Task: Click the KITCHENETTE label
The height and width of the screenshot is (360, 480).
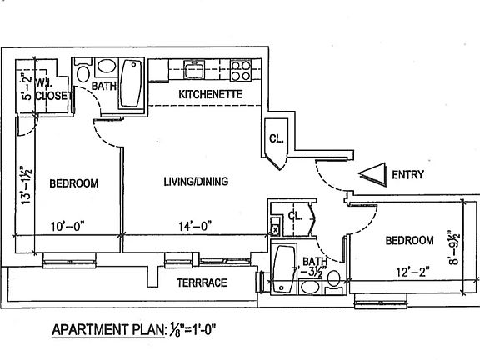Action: point(211,94)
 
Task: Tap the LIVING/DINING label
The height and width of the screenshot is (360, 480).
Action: point(196,181)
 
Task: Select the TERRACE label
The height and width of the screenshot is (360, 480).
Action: point(202,282)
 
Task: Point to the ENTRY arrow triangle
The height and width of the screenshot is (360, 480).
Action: point(372,174)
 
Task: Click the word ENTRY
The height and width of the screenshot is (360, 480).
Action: point(408,174)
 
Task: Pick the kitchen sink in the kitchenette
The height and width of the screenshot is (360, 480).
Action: point(194,69)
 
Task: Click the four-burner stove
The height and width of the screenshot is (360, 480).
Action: point(241,70)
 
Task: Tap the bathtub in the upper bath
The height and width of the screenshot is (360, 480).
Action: point(132,83)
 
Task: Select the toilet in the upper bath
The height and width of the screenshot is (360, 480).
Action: point(83,71)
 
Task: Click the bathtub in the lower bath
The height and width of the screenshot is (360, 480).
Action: point(284,269)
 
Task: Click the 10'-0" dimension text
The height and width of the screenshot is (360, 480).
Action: point(67,227)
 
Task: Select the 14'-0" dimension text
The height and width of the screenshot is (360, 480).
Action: point(195,226)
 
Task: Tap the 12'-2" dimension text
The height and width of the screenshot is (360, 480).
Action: point(413,272)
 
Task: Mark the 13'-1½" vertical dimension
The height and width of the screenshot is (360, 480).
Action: point(27,186)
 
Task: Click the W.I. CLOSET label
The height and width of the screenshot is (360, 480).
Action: point(52,89)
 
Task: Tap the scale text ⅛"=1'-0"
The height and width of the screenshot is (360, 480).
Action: point(191,330)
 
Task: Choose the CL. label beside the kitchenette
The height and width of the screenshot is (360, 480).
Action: point(277,138)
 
